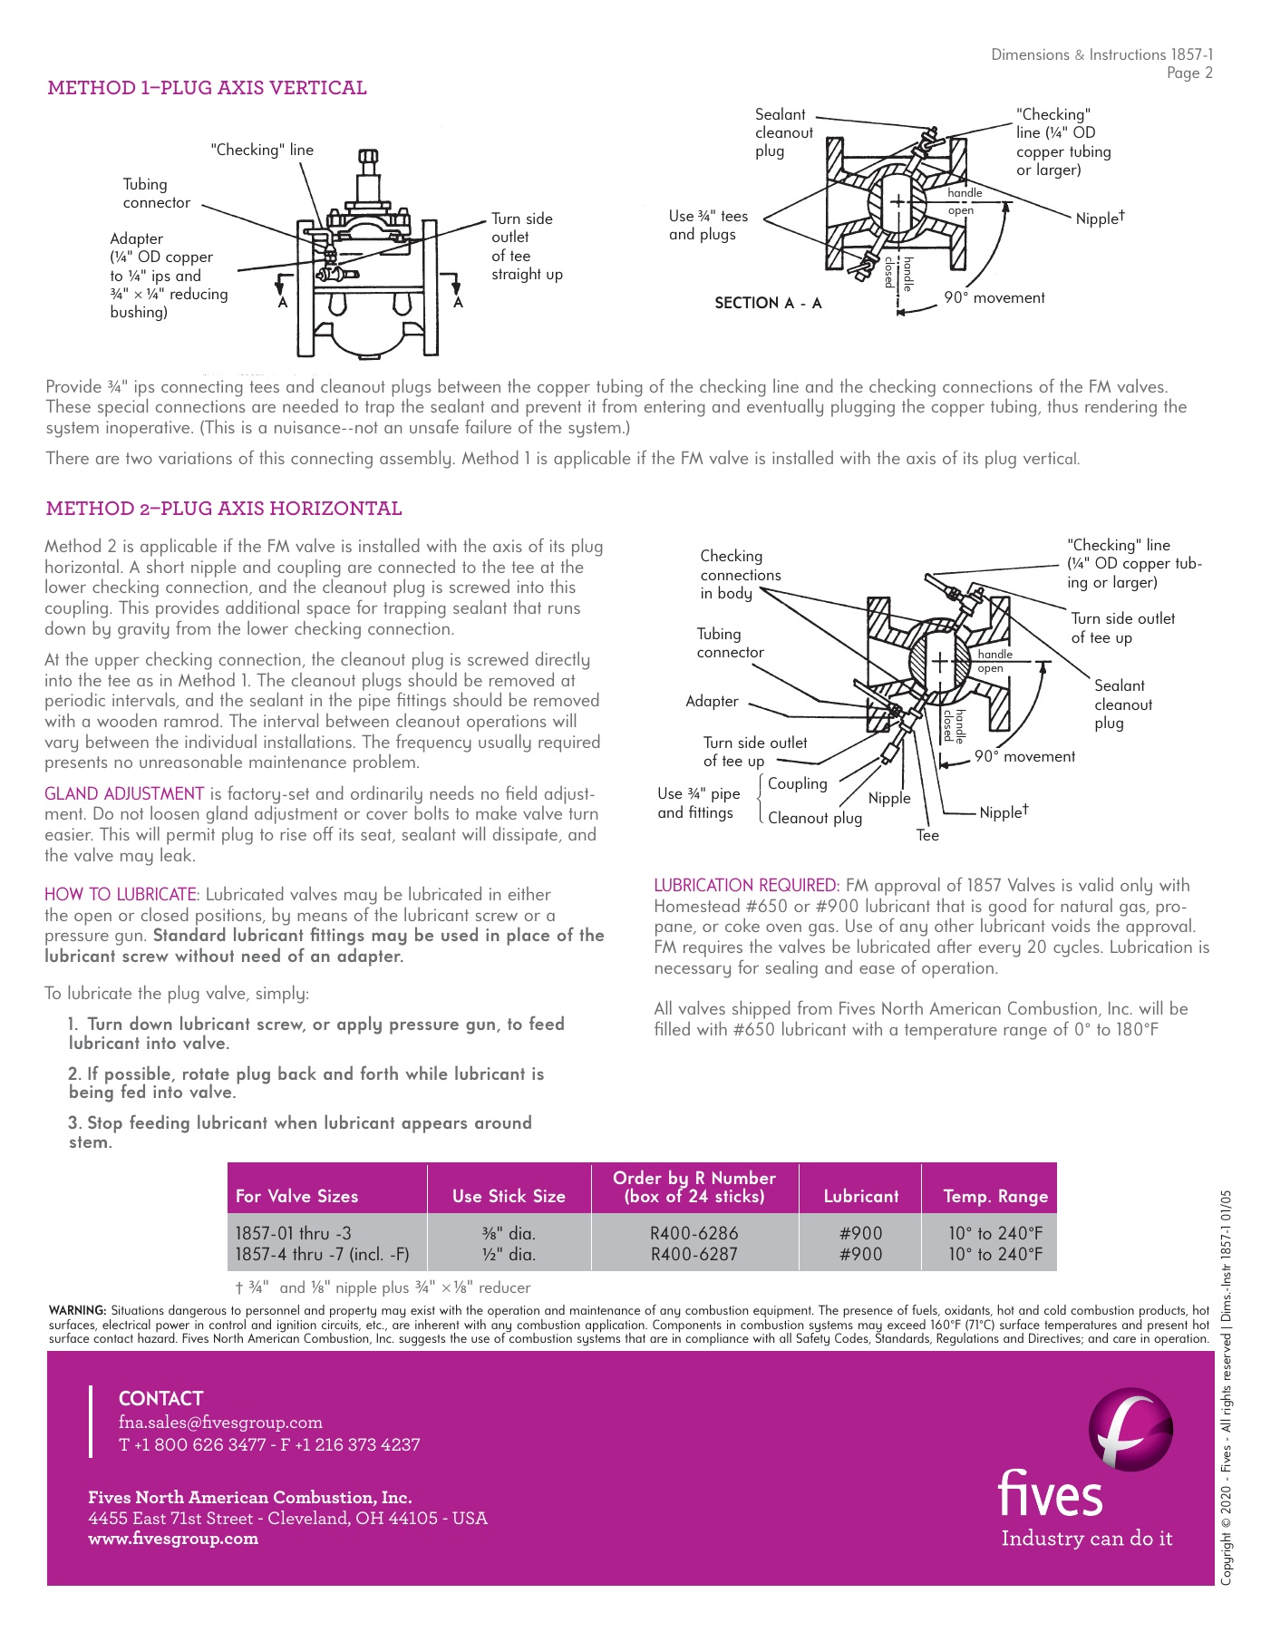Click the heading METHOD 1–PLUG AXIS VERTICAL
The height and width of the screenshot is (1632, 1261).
point(207,88)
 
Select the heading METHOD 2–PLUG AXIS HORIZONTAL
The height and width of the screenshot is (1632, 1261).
point(223,509)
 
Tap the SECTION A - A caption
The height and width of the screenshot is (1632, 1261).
point(768,303)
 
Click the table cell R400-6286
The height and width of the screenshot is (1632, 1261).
point(694,1234)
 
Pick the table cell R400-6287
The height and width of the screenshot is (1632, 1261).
point(694,1255)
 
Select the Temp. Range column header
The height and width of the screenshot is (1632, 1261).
point(995,1197)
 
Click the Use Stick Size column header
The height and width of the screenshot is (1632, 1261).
point(509,1197)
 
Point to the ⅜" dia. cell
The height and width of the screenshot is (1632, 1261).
point(509,1234)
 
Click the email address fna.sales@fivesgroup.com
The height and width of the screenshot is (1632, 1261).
point(220,1423)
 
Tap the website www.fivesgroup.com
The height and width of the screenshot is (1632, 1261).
point(173,1539)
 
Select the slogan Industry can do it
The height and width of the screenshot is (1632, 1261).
point(1086,1539)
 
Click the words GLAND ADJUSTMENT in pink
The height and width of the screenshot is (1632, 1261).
point(124,794)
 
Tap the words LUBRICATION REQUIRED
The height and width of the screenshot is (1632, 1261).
point(746,886)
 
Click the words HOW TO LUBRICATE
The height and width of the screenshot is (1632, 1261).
point(121,895)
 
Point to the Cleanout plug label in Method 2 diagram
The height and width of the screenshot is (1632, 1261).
point(815,818)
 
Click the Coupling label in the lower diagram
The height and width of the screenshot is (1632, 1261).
point(798,784)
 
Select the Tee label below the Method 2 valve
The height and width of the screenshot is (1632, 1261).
point(927,836)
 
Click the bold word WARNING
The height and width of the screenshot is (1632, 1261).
point(78,1311)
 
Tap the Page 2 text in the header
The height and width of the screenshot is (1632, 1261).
point(1189,73)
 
